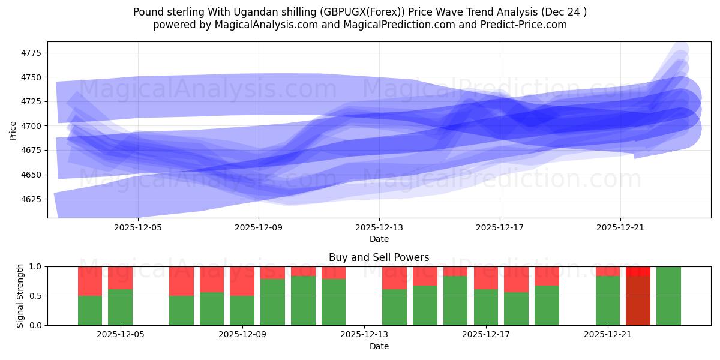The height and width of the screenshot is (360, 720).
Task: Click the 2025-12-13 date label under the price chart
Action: click(379, 228)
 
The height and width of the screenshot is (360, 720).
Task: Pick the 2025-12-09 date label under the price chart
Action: click(259, 228)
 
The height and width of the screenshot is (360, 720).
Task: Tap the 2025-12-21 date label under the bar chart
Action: click(608, 335)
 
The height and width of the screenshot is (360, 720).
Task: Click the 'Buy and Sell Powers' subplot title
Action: click(379, 257)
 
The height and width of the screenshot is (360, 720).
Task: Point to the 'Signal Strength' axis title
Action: click(20, 296)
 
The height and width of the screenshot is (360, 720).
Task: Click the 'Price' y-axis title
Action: click(13, 130)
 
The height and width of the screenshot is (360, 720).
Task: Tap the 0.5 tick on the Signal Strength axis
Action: click(35, 296)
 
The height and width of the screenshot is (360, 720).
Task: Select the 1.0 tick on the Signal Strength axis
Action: click(35, 266)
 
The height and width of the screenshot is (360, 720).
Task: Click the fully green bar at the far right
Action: click(668, 296)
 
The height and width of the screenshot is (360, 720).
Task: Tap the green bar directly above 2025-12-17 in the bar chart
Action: click(486, 307)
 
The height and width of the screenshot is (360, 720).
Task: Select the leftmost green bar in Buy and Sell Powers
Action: click(90, 310)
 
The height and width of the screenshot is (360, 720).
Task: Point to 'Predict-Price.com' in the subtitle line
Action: click(526, 25)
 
